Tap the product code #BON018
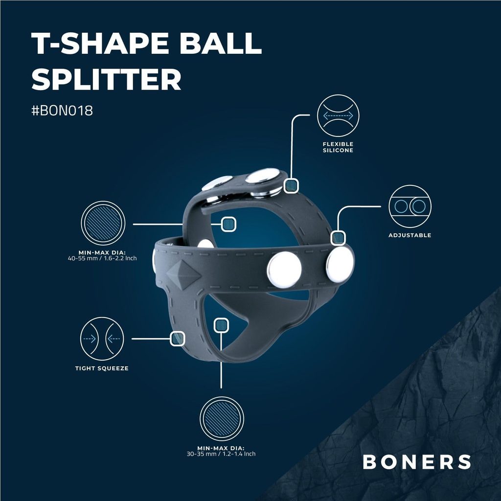click(x=62, y=111)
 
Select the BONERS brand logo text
click(x=417, y=462)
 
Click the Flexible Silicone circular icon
click(x=338, y=115)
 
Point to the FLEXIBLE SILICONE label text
click(x=338, y=147)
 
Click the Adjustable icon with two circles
click(x=410, y=206)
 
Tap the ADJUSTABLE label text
click(x=410, y=235)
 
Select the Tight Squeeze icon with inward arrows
click(x=102, y=339)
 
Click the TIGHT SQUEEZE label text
click(x=102, y=368)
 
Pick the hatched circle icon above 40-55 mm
click(x=103, y=223)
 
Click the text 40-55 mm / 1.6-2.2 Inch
click(x=102, y=258)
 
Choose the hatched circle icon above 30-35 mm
click(x=222, y=419)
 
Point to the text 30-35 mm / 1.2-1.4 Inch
click(x=221, y=454)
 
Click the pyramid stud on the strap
click(x=184, y=274)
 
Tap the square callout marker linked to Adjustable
click(x=338, y=238)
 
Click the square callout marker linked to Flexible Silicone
click(x=291, y=185)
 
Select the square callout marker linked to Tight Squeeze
click(x=177, y=339)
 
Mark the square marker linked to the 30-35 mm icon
click(x=221, y=325)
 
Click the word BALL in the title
click(x=221, y=43)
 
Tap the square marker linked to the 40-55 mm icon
click(x=228, y=224)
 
